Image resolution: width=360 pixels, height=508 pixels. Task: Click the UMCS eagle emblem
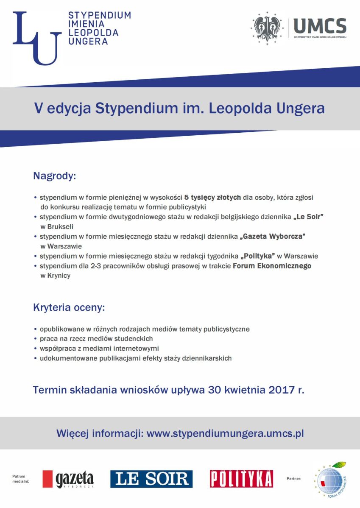tap(268, 26)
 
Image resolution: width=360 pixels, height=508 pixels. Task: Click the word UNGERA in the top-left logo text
tap(88, 41)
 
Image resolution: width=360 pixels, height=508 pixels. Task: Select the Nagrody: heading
tap(54, 176)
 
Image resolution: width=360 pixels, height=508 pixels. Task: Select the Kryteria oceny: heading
tap(69, 307)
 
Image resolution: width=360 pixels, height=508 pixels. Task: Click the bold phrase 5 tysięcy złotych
tap(212, 198)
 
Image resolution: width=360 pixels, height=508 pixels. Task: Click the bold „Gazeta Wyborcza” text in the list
tap(272, 237)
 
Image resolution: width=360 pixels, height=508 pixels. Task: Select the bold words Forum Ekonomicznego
tap(272, 266)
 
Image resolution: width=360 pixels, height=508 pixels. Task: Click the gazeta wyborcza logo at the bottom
tap(68, 479)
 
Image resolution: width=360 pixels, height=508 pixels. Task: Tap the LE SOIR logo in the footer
tap(151, 479)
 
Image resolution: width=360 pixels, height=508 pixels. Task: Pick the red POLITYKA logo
tap(241, 479)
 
